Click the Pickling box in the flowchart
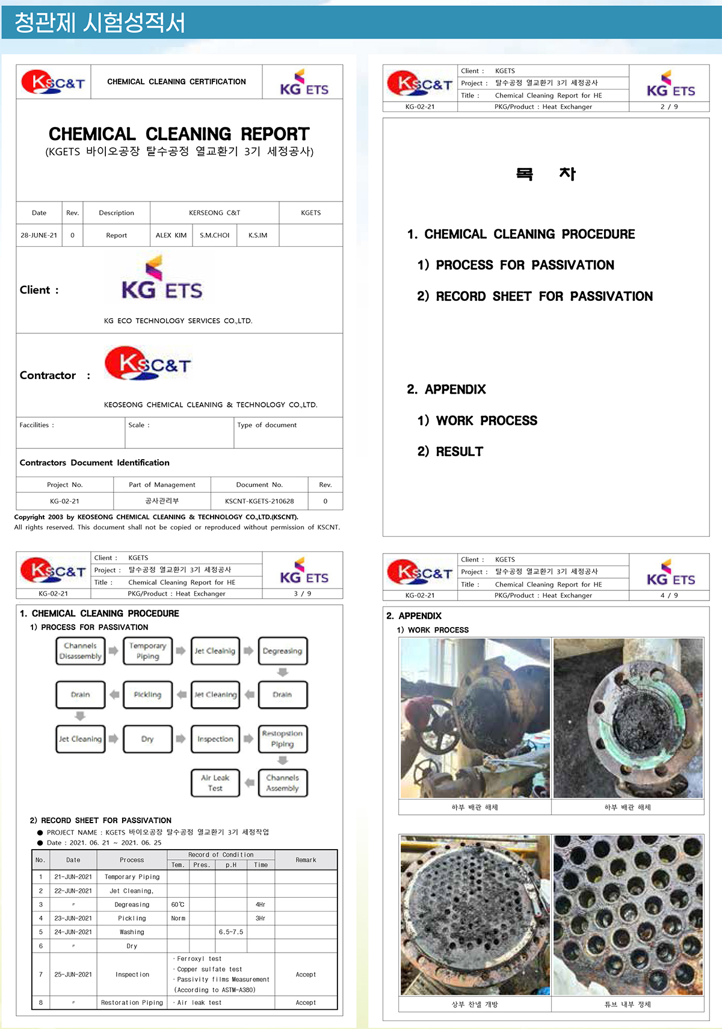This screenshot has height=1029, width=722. (x=147, y=694)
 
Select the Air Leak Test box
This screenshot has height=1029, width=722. (x=215, y=782)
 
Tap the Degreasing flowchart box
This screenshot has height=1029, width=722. (x=282, y=651)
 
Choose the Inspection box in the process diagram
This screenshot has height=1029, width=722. (x=215, y=739)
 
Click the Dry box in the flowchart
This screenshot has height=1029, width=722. (x=147, y=739)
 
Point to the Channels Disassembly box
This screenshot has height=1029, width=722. (x=80, y=651)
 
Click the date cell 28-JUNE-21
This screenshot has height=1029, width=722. (x=39, y=235)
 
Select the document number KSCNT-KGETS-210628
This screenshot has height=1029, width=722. (x=259, y=501)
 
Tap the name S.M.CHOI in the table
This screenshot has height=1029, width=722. (x=214, y=235)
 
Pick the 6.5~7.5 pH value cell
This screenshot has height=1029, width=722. (x=231, y=932)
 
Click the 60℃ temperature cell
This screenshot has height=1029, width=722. (x=177, y=904)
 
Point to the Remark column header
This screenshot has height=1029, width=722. (x=306, y=860)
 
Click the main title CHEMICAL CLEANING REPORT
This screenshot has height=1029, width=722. (x=179, y=134)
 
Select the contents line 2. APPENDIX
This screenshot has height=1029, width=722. (x=446, y=389)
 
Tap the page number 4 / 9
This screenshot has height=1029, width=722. (x=669, y=595)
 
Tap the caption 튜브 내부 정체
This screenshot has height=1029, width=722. (x=628, y=1004)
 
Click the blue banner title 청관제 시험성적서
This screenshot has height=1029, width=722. (x=100, y=23)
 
